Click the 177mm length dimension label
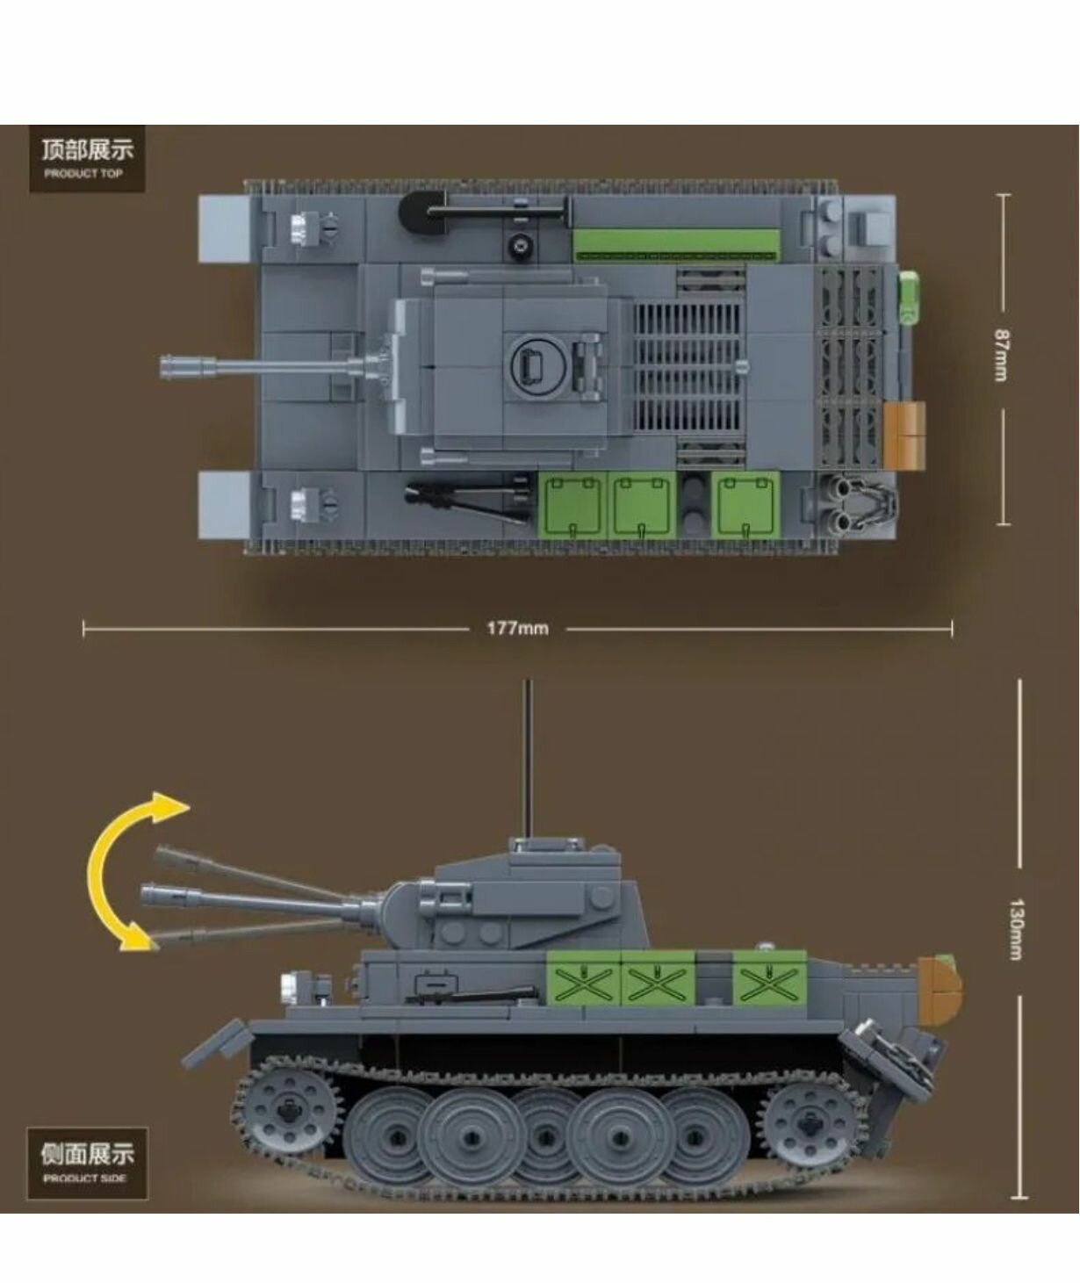[x=517, y=629]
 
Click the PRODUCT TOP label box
[x=86, y=158]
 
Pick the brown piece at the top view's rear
[x=905, y=434]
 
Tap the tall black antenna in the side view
[x=528, y=755]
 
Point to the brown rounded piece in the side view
[x=940, y=988]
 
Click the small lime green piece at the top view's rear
[x=910, y=299]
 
